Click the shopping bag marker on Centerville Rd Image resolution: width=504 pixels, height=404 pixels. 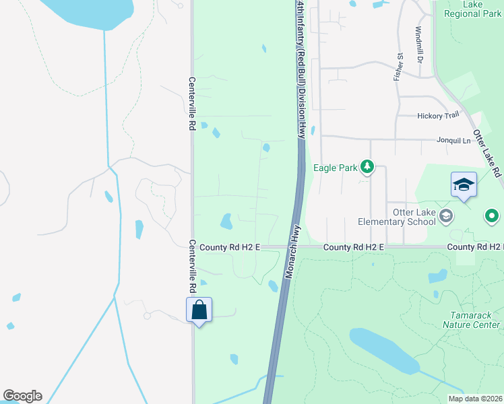tap(199, 310)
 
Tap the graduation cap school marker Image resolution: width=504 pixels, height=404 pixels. tap(464, 184)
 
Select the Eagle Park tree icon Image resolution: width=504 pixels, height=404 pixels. tap(367, 166)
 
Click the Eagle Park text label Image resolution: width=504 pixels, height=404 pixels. tap(335, 168)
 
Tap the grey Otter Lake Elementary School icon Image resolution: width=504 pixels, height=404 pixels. tap(445, 215)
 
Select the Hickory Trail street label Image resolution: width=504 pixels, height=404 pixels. tap(438, 116)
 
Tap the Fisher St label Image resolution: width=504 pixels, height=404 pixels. tap(398, 67)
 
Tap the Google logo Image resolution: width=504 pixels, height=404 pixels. tap(22, 396)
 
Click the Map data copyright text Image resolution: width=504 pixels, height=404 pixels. tap(475, 399)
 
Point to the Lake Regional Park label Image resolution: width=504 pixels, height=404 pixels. tap(472, 9)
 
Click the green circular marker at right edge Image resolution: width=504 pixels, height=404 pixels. tap(492, 216)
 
